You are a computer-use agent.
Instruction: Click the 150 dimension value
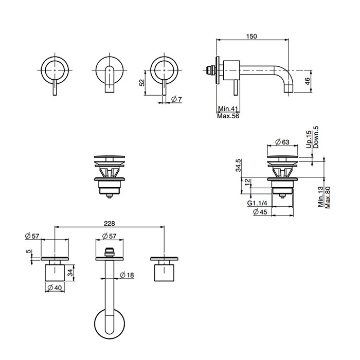pos(251,37)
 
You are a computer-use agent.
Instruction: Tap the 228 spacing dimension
pos(109,223)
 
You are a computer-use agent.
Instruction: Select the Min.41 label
pos(228,109)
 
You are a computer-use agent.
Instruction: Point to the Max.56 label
pos(228,116)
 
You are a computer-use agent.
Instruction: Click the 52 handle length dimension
pos(142,82)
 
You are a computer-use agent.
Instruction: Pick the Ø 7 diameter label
pos(176,99)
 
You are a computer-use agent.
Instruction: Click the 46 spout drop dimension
pos(308,81)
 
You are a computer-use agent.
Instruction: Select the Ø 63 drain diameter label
pos(282,142)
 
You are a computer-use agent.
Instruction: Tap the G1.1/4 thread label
pos(257,203)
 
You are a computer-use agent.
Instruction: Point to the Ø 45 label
pos(260,212)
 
